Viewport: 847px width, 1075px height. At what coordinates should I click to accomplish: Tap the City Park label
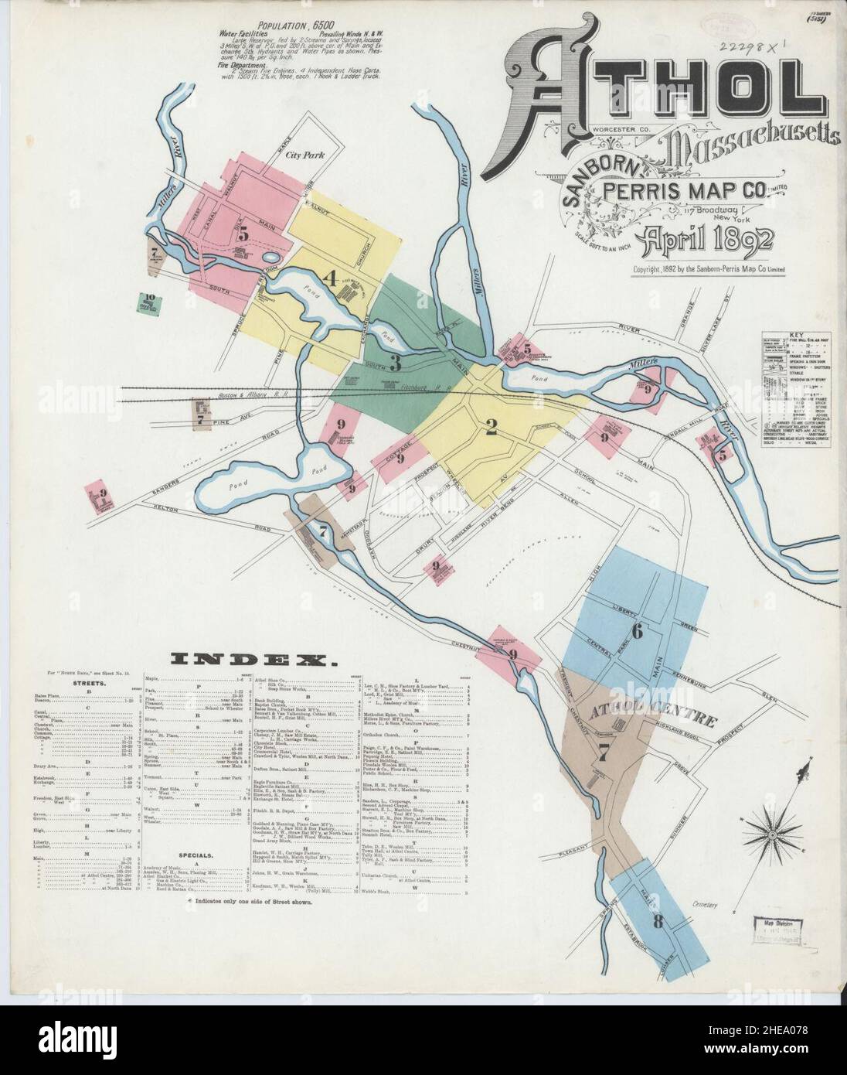[303, 155]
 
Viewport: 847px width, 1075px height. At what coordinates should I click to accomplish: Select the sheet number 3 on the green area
[395, 362]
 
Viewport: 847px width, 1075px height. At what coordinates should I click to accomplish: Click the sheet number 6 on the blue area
[637, 631]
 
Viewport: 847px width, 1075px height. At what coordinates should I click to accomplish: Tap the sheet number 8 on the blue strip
[657, 922]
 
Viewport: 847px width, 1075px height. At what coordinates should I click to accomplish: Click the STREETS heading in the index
[90, 684]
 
